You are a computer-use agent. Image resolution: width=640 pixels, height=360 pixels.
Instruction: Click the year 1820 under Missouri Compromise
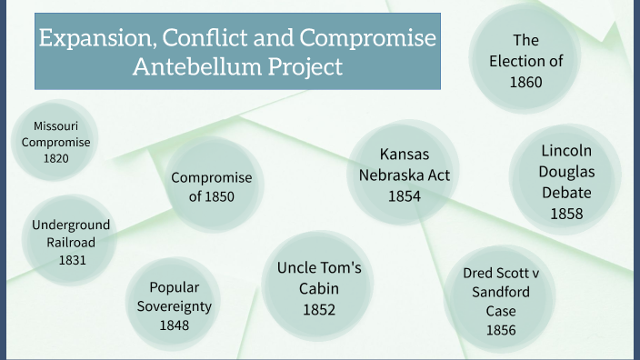point(56,158)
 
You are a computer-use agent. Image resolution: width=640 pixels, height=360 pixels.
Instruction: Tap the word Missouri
point(56,125)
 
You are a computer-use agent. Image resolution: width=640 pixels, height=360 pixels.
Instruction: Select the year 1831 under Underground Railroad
point(72,260)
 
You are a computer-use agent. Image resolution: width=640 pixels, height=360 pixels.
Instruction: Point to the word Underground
point(71,225)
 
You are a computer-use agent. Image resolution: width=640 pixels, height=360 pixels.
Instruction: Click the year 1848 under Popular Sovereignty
point(175,324)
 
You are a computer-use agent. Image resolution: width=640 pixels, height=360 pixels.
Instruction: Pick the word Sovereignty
point(175,305)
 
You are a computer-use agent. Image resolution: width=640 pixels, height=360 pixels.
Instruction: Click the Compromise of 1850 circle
point(211,186)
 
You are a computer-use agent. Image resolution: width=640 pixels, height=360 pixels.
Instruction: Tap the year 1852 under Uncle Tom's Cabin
point(319,309)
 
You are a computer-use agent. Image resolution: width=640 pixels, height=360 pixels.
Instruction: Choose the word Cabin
point(319,288)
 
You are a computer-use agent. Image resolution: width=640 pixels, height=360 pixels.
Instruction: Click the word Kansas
point(405,154)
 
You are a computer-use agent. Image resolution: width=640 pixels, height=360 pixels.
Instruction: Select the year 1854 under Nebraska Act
point(405,195)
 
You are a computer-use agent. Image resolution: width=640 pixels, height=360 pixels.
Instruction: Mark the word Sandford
point(501,292)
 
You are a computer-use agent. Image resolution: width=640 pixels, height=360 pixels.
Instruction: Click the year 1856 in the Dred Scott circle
point(501,330)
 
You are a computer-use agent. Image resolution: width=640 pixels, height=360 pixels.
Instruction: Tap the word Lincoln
point(566,150)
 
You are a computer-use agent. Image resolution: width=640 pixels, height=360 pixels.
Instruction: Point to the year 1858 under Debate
point(566,214)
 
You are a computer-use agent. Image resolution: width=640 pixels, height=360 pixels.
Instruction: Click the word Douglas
point(566,171)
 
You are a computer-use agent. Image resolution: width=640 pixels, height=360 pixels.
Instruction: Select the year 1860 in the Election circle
point(525,82)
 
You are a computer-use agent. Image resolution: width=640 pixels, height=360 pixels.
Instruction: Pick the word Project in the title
point(305,66)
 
